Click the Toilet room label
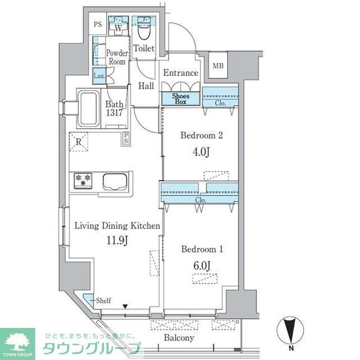pyautogui.click(x=145, y=49)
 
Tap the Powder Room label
pyautogui.click(x=117, y=57)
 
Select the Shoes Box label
pyautogui.click(x=181, y=98)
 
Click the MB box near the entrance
pyautogui.click(x=217, y=66)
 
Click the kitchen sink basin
pyautogui.click(x=116, y=182)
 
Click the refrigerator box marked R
pyautogui.click(x=79, y=142)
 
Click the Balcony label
pyautogui.click(x=179, y=338)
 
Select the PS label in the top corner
pyautogui.click(x=97, y=25)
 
